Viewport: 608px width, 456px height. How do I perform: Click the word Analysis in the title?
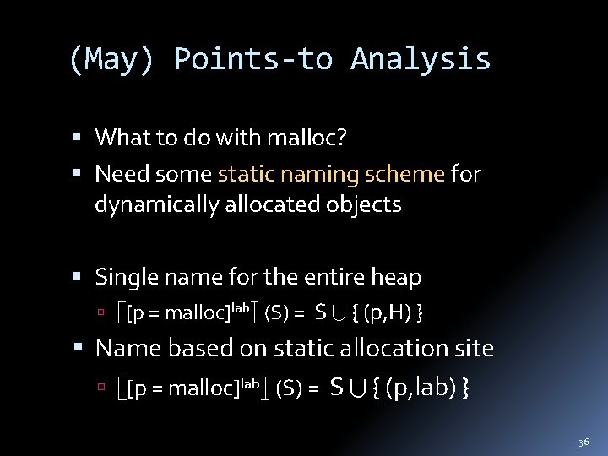421,59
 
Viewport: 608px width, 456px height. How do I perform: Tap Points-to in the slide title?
252,59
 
